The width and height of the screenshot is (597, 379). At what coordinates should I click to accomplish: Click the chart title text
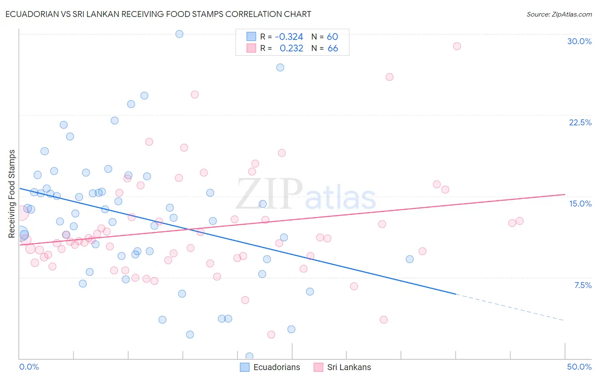(x=158, y=14)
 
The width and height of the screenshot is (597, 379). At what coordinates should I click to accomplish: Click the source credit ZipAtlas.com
(x=559, y=14)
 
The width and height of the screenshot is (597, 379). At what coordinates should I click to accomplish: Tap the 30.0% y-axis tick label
(x=579, y=41)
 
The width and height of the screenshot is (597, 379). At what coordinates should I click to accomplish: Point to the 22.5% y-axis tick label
(x=580, y=122)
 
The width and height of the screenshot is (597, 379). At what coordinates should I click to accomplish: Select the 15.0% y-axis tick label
(x=580, y=204)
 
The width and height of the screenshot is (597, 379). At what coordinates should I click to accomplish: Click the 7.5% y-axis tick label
(x=583, y=285)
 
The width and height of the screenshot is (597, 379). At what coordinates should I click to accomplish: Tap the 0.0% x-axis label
(x=29, y=367)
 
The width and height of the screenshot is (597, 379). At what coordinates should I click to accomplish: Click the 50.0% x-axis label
(x=579, y=367)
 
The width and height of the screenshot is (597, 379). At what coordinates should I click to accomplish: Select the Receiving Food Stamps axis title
(x=12, y=194)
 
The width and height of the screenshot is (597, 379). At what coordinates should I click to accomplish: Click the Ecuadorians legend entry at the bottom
(x=270, y=367)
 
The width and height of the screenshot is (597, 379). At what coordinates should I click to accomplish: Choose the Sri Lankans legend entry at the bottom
(x=343, y=367)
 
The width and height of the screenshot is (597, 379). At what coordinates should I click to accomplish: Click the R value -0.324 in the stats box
(x=289, y=37)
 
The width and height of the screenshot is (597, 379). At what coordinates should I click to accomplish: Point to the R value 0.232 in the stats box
(x=291, y=48)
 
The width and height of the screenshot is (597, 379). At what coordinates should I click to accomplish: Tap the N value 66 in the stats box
(x=333, y=48)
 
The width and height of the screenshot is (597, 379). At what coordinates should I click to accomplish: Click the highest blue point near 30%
(x=179, y=34)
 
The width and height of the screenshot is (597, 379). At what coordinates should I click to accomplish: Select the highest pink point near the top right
(x=457, y=46)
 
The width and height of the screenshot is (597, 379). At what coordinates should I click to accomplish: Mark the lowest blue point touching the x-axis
(x=249, y=356)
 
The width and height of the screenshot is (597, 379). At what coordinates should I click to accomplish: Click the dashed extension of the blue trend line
(x=510, y=307)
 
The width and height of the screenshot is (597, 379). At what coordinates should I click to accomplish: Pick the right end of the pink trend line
(x=564, y=194)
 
